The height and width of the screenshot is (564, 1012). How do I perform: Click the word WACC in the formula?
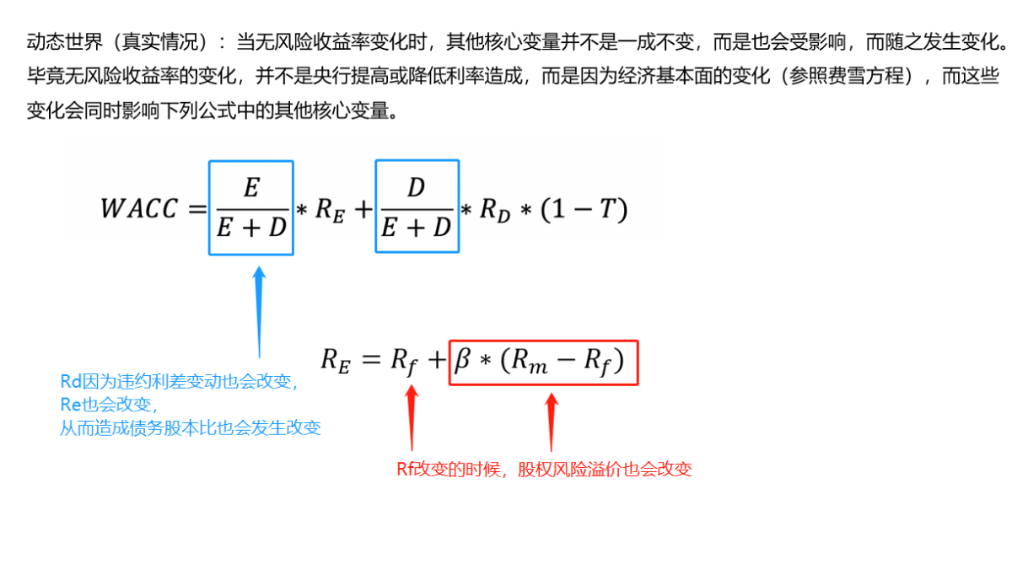pyautogui.click(x=138, y=208)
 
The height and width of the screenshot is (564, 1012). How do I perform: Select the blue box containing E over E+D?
pyautogui.click(x=209, y=207)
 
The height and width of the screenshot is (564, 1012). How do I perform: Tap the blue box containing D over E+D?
pyautogui.click(x=376, y=207)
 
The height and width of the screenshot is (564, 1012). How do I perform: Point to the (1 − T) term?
pyautogui.click(x=584, y=209)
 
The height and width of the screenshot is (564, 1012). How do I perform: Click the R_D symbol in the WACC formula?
pyautogui.click(x=495, y=211)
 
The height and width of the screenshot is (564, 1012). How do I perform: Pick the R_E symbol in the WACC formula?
pyautogui.click(x=331, y=211)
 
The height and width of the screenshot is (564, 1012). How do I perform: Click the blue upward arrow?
pyautogui.click(x=260, y=312)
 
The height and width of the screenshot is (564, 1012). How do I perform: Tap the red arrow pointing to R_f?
pyautogui.click(x=412, y=417)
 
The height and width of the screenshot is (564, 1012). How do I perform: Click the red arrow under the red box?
pyautogui.click(x=552, y=422)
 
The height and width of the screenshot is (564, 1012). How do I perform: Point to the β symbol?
pyautogui.click(x=463, y=360)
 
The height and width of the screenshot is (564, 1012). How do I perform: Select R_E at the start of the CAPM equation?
pyautogui.click(x=336, y=362)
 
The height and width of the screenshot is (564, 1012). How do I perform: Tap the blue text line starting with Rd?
pyautogui.click(x=180, y=382)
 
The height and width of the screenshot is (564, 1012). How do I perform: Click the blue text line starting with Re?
pyautogui.click(x=109, y=405)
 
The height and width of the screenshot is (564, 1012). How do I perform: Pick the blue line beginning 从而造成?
pyautogui.click(x=191, y=427)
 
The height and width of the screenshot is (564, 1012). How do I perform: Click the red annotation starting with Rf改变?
pyautogui.click(x=544, y=470)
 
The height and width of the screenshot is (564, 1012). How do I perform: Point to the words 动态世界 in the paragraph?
pyautogui.click(x=65, y=42)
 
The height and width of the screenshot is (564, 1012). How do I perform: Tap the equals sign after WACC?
pyautogui.click(x=197, y=208)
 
